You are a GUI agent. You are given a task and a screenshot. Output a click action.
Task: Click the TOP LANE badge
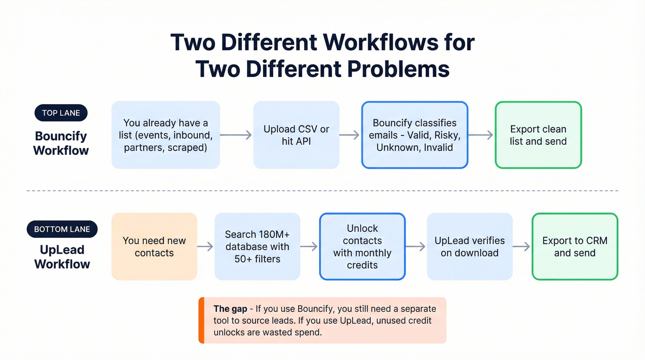[x=61, y=113]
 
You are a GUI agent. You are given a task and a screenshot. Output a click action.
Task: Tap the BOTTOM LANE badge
[x=62, y=229]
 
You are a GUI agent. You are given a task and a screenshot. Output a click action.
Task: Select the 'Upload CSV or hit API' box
[x=296, y=135]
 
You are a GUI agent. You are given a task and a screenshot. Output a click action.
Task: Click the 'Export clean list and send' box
[x=538, y=135]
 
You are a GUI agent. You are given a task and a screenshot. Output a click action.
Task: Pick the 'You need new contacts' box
[x=154, y=247]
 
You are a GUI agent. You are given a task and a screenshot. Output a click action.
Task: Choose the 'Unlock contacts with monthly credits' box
[x=362, y=247]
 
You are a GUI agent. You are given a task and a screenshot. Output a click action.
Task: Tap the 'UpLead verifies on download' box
[x=469, y=247]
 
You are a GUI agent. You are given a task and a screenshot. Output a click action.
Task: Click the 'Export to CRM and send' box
[x=575, y=247]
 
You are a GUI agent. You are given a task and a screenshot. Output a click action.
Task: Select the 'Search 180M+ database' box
[x=257, y=247]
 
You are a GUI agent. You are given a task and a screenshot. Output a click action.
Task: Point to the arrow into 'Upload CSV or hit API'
[x=236, y=135]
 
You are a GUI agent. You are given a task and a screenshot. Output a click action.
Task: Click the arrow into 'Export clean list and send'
[x=481, y=135]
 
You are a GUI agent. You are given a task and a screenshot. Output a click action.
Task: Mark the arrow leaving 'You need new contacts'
[x=205, y=247]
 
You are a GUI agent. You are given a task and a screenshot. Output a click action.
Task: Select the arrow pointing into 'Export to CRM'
[x=522, y=247]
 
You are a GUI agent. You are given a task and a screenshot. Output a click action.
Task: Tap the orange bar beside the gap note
[x=201, y=320]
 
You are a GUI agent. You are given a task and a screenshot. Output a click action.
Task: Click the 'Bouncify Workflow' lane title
[x=61, y=143]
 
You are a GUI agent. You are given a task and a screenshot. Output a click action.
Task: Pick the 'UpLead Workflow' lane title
[x=62, y=257]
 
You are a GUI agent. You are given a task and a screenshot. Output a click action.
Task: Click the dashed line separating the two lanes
[x=322, y=190]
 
